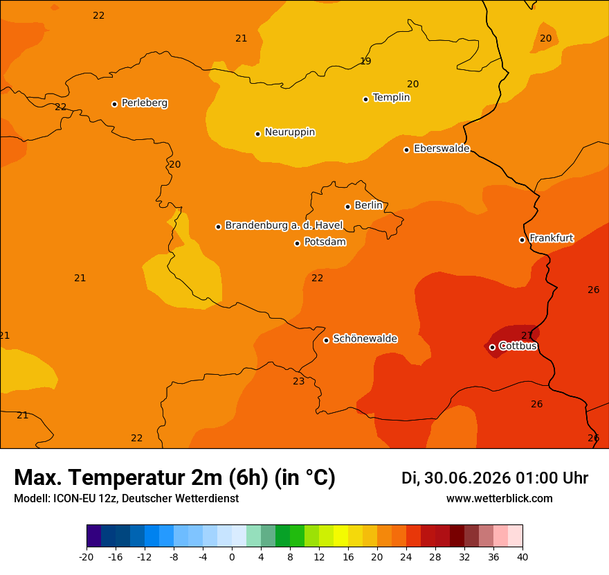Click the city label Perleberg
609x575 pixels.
(x=145, y=103)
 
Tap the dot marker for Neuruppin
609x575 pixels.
(x=257, y=134)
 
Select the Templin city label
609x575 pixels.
(x=391, y=97)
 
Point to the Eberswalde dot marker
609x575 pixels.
(x=406, y=150)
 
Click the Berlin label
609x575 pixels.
(x=369, y=205)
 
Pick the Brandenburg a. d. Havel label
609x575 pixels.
(x=284, y=225)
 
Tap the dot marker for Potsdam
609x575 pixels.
(x=297, y=243)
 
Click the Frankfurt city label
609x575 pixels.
(x=552, y=238)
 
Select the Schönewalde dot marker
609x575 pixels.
(x=326, y=340)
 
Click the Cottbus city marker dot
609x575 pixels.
(x=492, y=347)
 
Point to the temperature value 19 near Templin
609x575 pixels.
(x=365, y=61)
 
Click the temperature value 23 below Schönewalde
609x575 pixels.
(x=299, y=382)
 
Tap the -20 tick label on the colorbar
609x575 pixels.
(x=87, y=557)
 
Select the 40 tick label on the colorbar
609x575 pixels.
(x=522, y=557)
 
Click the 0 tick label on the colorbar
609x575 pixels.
(x=232, y=557)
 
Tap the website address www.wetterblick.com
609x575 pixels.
(x=500, y=498)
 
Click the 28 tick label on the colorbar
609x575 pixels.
(x=435, y=557)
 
